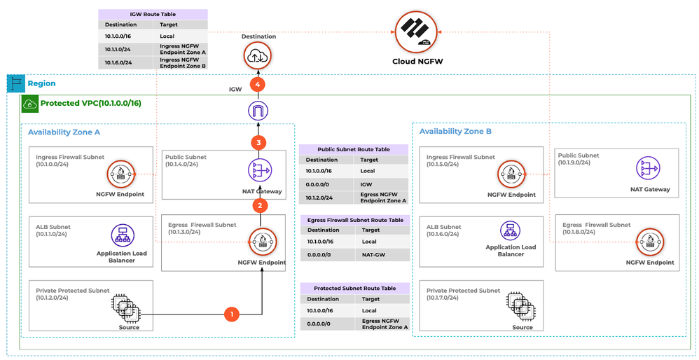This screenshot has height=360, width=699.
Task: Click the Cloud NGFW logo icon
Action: coord(419,32)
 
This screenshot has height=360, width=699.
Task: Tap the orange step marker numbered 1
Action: coord(232,314)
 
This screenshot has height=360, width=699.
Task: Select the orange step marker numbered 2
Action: coord(260,205)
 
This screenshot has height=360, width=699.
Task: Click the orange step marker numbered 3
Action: coord(259,143)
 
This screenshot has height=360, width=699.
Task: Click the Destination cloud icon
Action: coord(258,55)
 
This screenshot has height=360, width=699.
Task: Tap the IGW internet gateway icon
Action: coord(259,111)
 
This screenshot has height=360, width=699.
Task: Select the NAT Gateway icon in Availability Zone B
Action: coord(647,169)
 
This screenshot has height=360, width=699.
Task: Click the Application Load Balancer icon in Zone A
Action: coord(122,235)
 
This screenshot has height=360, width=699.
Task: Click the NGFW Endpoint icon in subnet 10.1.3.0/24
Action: coord(262,242)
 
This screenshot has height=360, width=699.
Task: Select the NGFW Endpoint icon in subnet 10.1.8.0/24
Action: coord(649,242)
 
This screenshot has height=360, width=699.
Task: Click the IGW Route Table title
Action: coord(153,14)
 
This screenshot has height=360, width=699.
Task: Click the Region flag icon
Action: coord(15,83)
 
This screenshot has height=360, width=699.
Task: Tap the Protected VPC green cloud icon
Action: coord(30,103)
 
